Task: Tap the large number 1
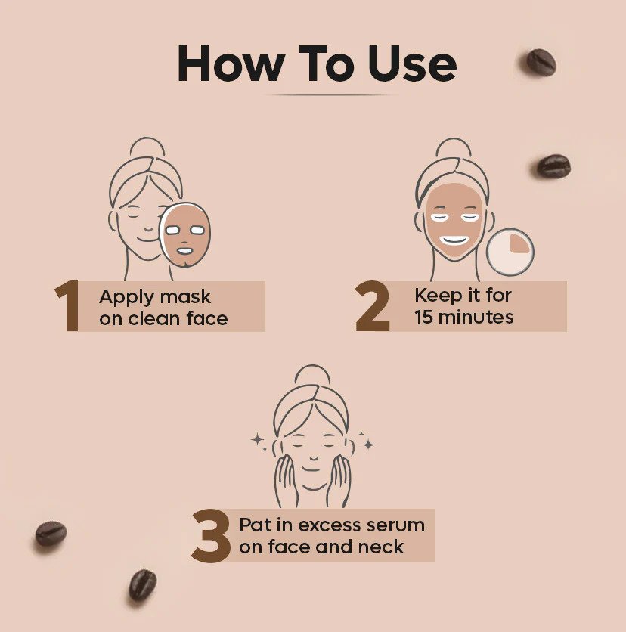coord(67,306)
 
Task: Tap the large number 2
coord(373,306)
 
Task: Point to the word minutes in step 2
coord(476,317)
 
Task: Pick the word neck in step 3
coord(385,547)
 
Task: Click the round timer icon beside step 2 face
coord(510,251)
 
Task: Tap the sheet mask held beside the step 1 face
coord(185,235)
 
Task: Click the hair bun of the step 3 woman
coord(311,375)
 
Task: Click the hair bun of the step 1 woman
coord(147,147)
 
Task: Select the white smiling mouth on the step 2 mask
coord(455,240)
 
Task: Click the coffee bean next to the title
coord(541,61)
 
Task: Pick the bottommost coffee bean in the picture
coord(142,584)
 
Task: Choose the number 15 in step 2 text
coord(423,317)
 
